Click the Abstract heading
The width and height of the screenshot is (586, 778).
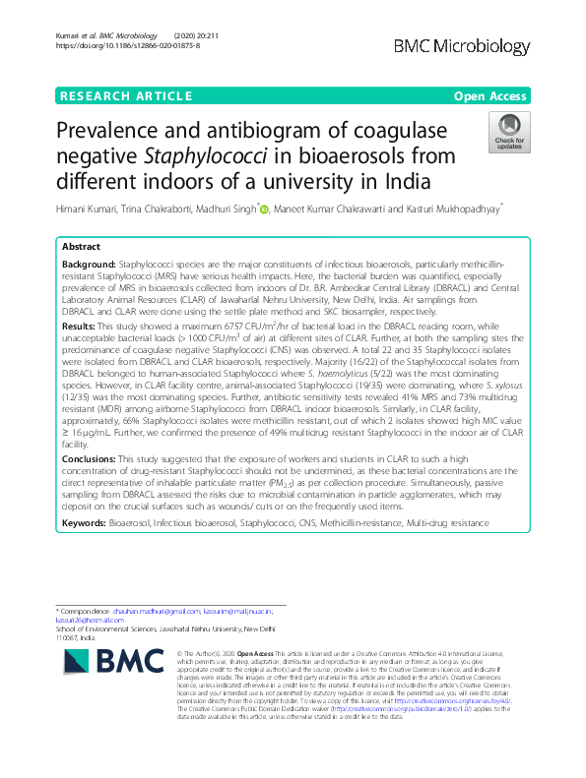pyautogui.click(x=81, y=247)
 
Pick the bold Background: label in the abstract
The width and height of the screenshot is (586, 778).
pyautogui.click(x=89, y=265)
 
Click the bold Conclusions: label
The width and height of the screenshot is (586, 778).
pyautogui.click(x=94, y=456)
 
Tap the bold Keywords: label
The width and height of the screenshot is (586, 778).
pyautogui.click(x=85, y=524)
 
